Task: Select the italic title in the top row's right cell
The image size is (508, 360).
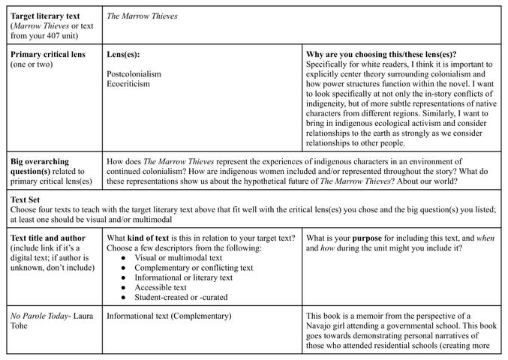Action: [x=142, y=16]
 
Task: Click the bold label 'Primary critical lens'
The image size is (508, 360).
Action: [x=48, y=55]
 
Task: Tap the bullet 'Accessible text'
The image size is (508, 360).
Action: [x=161, y=287]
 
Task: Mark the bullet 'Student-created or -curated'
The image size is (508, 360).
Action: [x=181, y=297]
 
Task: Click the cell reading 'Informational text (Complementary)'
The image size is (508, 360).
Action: [x=170, y=316]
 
